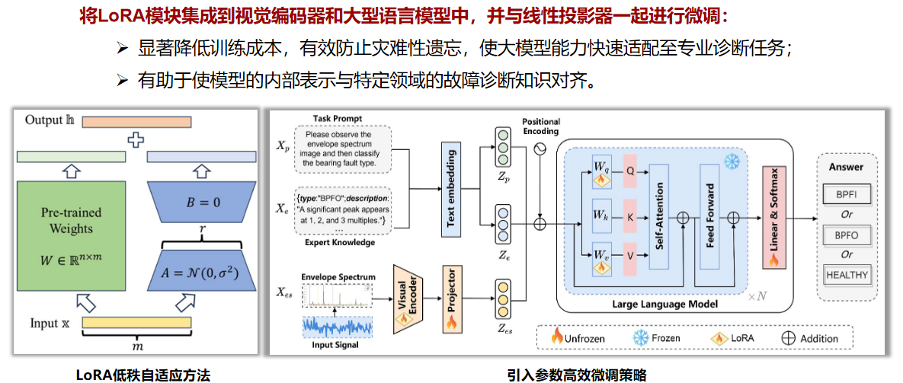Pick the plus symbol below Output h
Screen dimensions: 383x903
click(x=136, y=140)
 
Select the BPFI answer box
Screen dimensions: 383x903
click(x=846, y=195)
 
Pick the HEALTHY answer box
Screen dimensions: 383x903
click(x=846, y=275)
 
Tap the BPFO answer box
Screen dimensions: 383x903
click(x=846, y=235)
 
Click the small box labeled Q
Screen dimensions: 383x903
click(x=629, y=171)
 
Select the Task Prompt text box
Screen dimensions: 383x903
click(x=338, y=148)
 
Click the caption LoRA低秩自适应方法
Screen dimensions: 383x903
click(x=142, y=375)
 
